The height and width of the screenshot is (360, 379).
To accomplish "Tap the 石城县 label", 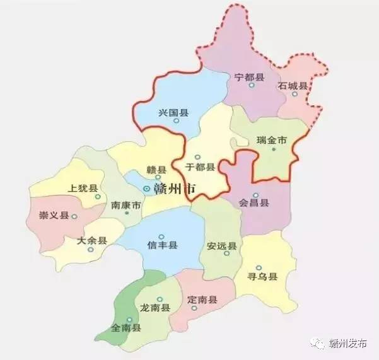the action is (293, 85).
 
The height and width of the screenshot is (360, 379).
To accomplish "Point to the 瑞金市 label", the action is (272, 140).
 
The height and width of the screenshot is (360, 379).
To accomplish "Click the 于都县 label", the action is (200, 168).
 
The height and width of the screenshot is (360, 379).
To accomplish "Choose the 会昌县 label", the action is (254, 203).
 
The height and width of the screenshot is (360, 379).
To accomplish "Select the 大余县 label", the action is (92, 241).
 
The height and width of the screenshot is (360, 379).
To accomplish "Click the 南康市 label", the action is (125, 206).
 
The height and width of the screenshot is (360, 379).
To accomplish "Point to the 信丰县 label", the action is (162, 245).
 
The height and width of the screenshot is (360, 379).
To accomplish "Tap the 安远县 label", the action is (221, 247).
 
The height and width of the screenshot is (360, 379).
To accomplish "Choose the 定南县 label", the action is (203, 299).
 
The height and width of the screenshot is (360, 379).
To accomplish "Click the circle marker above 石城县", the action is (294, 95).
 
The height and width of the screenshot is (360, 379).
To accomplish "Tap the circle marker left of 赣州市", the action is (146, 188).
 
